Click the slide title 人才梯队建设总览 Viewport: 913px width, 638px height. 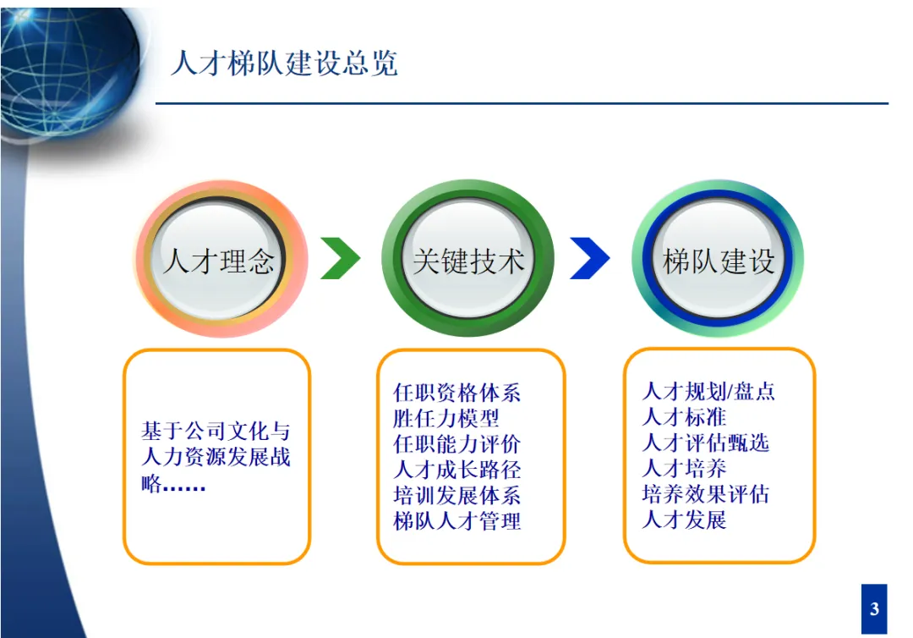pyautogui.click(x=284, y=63)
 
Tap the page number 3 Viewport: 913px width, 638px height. pyautogui.click(x=874, y=608)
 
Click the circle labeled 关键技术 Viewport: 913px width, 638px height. pyautogui.click(x=468, y=259)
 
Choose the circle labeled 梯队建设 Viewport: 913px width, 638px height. pyautogui.click(x=718, y=259)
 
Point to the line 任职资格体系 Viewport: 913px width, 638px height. pyautogui.click(x=456, y=393)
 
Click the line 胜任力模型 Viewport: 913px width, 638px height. pyautogui.click(x=446, y=418)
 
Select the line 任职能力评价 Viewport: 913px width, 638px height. pyautogui.click(x=456, y=443)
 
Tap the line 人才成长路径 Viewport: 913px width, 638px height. pyautogui.click(x=456, y=469)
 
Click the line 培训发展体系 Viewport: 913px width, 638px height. pyautogui.click(x=456, y=495)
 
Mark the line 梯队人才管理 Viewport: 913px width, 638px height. pyautogui.click(x=456, y=520)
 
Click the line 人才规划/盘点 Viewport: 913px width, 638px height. pyautogui.click(x=708, y=392)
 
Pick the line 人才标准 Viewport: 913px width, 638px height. pyautogui.click(x=684, y=417)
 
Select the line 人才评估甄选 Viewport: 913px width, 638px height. pyautogui.click(x=705, y=443)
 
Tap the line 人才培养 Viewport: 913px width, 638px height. pyautogui.click(x=684, y=468)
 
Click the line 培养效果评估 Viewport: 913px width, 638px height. pyautogui.click(x=705, y=493)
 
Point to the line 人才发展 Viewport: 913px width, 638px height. pyautogui.click(x=684, y=519)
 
